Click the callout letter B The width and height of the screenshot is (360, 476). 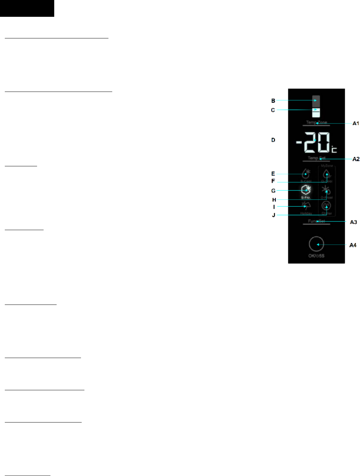click(x=273, y=101)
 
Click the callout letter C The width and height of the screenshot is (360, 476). click(x=273, y=110)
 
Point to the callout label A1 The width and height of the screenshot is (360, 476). click(x=356, y=123)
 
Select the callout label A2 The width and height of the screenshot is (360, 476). click(x=356, y=159)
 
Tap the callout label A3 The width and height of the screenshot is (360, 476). click(x=353, y=222)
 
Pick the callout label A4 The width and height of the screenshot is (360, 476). click(x=353, y=245)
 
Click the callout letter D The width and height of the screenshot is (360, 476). click(x=273, y=140)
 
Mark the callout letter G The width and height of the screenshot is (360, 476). click(x=273, y=191)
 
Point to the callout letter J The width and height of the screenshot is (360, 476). click(x=274, y=215)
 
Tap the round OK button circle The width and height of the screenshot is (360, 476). click(x=316, y=244)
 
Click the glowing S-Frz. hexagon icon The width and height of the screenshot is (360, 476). click(x=305, y=190)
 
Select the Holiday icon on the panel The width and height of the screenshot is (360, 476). click(x=306, y=206)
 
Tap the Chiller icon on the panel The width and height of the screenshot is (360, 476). click(x=326, y=206)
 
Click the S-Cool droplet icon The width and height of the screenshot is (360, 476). click(x=306, y=174)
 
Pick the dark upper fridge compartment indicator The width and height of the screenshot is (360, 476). click(x=316, y=101)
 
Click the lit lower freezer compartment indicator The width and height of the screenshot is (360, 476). click(x=316, y=112)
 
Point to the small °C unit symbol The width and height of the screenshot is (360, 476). click(x=334, y=149)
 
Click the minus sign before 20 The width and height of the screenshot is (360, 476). click(x=299, y=142)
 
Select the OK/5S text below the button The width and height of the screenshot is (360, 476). click(x=316, y=256)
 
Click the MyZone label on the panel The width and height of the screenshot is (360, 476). click(x=327, y=166)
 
